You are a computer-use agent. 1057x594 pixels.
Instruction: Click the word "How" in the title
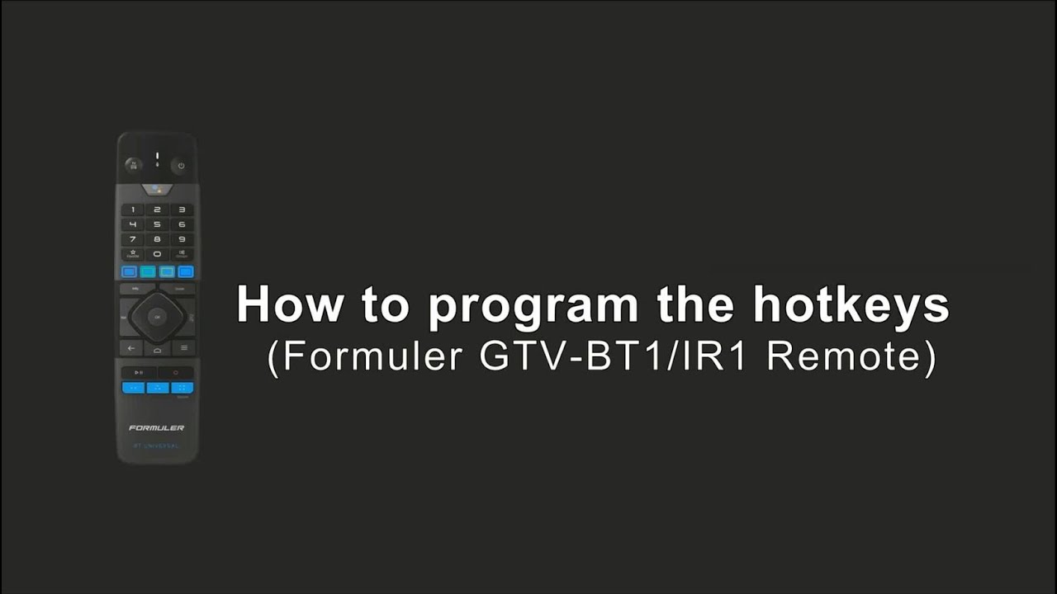288,305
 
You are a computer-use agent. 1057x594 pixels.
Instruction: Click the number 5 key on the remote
157,224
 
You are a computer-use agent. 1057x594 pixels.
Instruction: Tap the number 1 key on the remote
132,210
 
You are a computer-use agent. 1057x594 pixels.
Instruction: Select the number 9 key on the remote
182,239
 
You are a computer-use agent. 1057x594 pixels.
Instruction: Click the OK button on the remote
157,316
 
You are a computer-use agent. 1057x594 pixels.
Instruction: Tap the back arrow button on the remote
132,348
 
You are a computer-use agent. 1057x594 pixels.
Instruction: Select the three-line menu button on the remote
182,348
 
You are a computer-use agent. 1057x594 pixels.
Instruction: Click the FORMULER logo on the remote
157,428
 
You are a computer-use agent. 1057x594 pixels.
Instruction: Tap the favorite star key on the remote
132,254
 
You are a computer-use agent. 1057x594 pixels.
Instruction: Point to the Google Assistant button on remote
157,190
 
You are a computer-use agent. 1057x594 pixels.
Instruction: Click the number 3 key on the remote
182,210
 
